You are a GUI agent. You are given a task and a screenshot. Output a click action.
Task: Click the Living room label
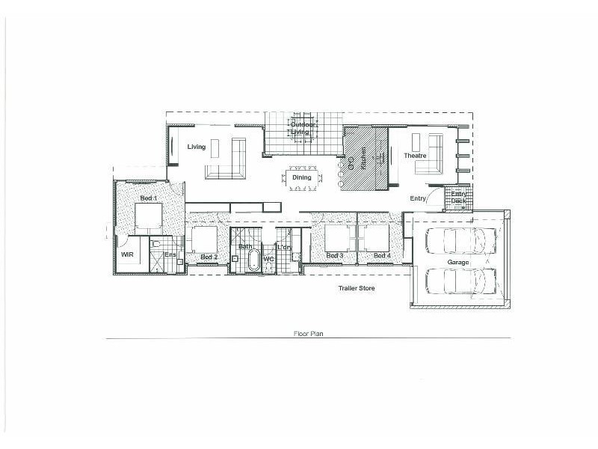click(196, 147)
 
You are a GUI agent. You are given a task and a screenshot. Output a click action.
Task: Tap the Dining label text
click(301, 177)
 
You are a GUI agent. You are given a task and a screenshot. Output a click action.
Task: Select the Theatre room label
click(415, 156)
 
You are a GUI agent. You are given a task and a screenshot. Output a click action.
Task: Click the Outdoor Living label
click(300, 128)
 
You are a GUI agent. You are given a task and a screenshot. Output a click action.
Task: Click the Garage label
click(458, 263)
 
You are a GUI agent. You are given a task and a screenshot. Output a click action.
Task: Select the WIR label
click(126, 255)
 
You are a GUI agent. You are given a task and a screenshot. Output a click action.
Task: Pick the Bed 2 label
click(209, 257)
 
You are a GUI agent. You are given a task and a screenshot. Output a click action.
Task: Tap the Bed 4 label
click(381, 256)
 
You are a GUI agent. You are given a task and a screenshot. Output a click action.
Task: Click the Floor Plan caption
click(307, 335)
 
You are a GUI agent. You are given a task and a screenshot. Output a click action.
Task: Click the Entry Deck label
click(457, 198)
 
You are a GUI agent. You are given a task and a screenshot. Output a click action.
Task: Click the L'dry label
click(284, 247)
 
